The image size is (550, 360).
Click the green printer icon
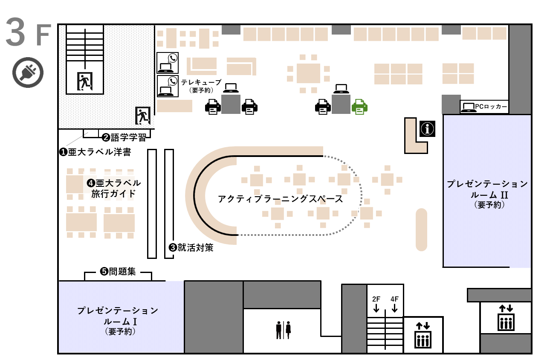pyautogui.click(x=359, y=107)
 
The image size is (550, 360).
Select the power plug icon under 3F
pyautogui.click(x=28, y=73)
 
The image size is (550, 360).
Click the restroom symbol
pyautogui.click(x=283, y=330)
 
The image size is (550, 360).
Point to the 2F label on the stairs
pyautogui.click(x=376, y=299)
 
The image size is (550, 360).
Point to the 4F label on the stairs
pyautogui.click(x=395, y=299)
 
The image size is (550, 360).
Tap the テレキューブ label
pyautogui.click(x=201, y=82)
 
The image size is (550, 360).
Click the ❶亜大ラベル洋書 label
pyautogui.click(x=95, y=151)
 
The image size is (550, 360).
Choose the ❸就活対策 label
pyautogui.click(x=191, y=247)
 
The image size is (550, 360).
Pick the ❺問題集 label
pyautogui.click(x=118, y=271)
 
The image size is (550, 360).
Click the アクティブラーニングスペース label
pyautogui.click(x=280, y=199)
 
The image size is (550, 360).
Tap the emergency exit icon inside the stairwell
pyautogui.click(x=84, y=81)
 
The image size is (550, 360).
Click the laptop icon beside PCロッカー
pyautogui.click(x=468, y=107)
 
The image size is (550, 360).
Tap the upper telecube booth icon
pyautogui.click(x=168, y=63)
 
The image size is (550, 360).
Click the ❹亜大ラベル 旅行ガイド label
pyautogui.click(x=114, y=188)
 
